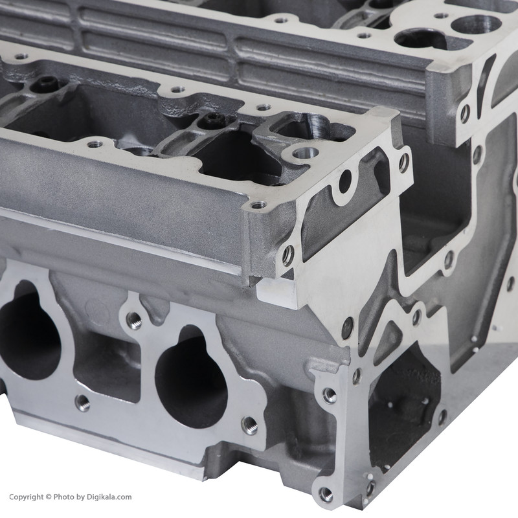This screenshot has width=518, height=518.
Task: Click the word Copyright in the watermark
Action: (x=26, y=497)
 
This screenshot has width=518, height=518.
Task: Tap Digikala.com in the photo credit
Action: (x=109, y=497)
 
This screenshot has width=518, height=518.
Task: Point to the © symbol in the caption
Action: (x=48, y=497)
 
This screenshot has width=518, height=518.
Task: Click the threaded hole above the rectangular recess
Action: (x=135, y=321)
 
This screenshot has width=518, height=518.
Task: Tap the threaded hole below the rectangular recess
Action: (x=83, y=403)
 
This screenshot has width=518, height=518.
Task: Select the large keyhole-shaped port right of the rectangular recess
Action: (x=191, y=377)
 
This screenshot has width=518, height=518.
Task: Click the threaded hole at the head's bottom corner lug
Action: (x=326, y=494)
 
